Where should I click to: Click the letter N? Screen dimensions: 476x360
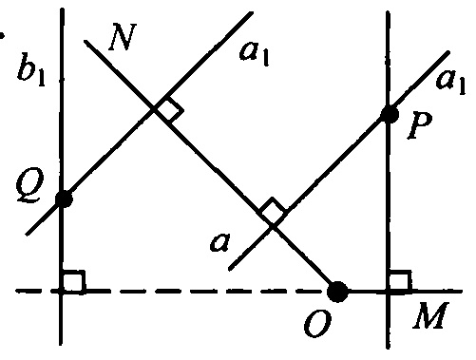123,37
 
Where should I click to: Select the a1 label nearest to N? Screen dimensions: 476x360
255,53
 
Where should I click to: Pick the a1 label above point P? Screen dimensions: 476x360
450,82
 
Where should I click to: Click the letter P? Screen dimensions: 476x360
420,125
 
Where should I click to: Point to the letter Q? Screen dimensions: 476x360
29,187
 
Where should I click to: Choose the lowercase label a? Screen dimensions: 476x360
219,242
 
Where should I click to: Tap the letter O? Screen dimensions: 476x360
317,323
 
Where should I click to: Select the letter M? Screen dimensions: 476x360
430,315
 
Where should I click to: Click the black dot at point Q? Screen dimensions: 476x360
64,199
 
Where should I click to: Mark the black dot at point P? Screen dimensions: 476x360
390,115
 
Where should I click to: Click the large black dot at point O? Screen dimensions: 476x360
337,292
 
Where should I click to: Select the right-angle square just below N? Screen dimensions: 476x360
169,109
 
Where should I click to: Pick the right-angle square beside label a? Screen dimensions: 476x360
273,211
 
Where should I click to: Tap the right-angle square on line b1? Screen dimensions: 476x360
73,280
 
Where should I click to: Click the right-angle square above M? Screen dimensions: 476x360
400,280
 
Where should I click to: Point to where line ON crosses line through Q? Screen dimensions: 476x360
155,109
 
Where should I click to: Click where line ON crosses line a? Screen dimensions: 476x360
273,225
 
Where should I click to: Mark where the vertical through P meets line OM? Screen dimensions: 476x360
389,291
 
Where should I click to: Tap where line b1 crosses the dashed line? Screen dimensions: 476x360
61,291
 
